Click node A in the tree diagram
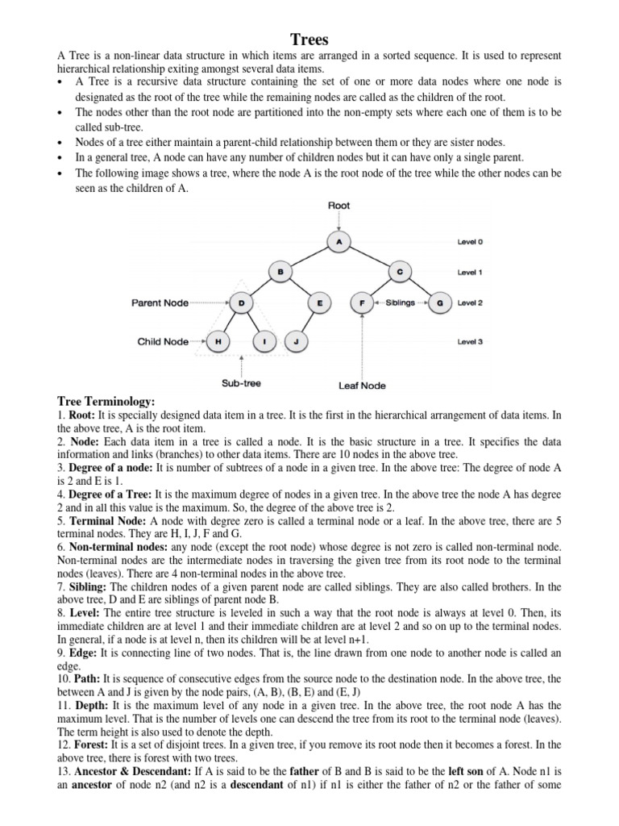[339, 240]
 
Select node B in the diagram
[280, 272]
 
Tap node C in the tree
[400, 272]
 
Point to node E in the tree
[320, 303]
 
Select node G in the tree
[439, 303]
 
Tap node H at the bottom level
[218, 341]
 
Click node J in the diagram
[297, 341]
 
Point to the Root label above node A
[339, 206]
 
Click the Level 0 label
[471, 241]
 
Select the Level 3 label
[471, 341]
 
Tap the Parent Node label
[160, 303]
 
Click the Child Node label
[163, 341]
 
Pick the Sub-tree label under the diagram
[241, 383]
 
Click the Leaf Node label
[362, 386]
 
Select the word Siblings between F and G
[400, 303]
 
